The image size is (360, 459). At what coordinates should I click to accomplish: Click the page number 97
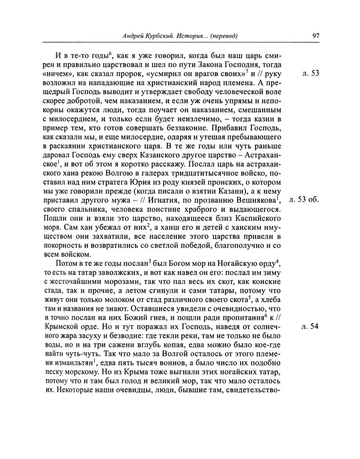coord(316,35)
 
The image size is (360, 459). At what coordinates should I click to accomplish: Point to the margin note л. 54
coord(311,326)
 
